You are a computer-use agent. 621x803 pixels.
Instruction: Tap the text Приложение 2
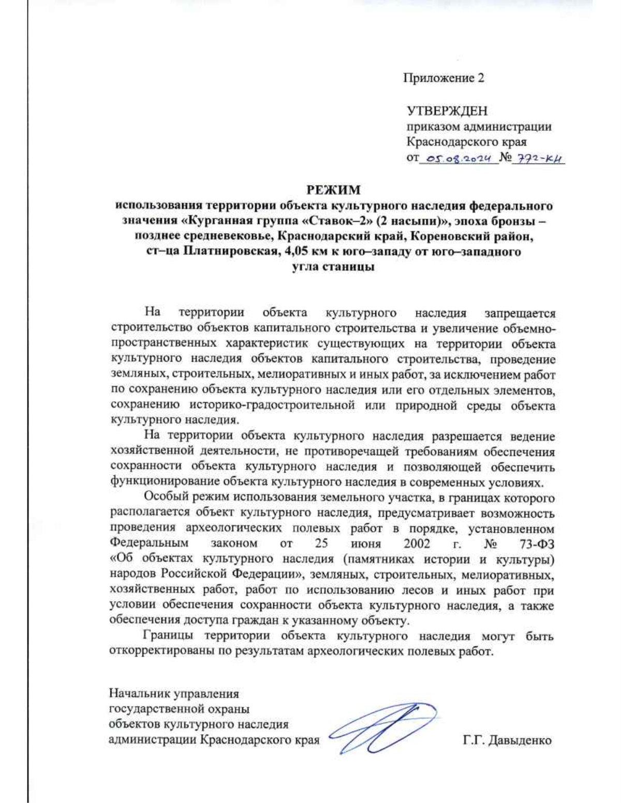[443, 78]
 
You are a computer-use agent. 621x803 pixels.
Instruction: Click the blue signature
[383, 727]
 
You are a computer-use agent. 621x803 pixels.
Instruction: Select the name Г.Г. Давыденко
[507, 740]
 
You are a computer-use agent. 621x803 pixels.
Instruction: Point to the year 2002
[417, 544]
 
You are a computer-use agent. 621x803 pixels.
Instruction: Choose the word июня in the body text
[365, 544]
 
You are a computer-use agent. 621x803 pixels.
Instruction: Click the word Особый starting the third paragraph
[165, 498]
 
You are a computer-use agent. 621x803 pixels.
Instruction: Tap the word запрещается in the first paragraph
[520, 313]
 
